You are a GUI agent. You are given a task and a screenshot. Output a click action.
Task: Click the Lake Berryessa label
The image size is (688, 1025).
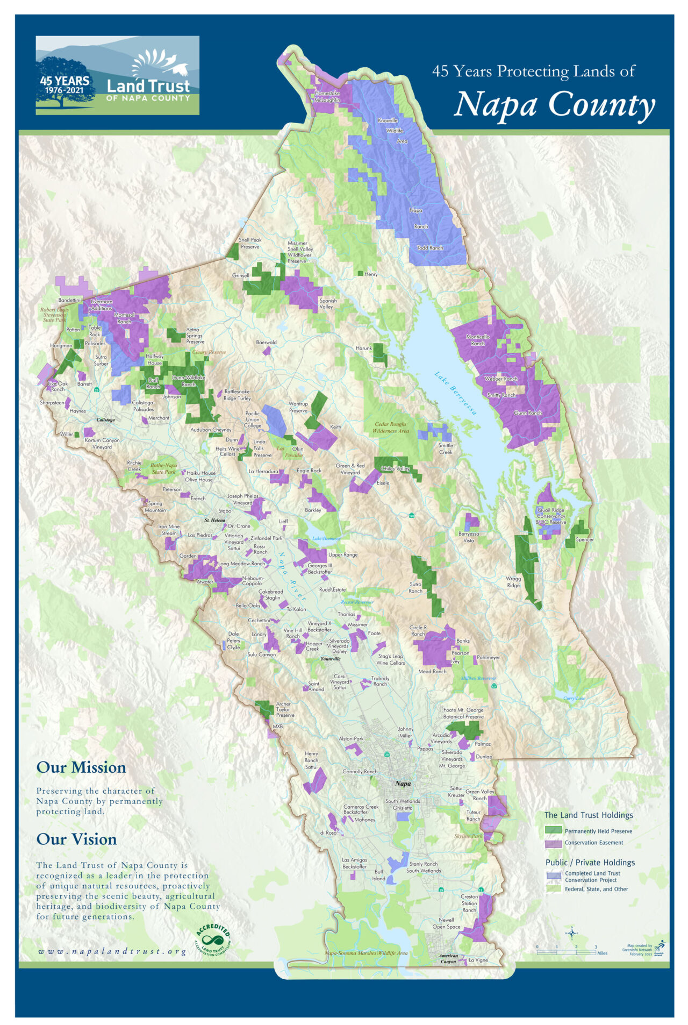point(456,393)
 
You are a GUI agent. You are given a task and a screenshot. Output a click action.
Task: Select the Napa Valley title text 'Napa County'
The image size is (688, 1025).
point(554,104)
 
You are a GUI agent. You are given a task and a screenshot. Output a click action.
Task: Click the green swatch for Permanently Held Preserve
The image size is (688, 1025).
point(553,831)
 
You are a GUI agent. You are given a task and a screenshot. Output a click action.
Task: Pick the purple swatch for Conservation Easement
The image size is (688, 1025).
point(553,843)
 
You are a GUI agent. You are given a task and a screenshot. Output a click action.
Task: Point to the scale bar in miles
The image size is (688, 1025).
point(567,952)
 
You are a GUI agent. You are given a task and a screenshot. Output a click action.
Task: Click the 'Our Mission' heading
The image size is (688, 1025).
point(81,767)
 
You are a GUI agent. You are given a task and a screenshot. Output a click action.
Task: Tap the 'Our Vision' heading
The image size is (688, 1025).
point(76,839)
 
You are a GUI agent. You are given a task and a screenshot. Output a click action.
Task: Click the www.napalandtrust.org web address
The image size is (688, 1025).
point(112,952)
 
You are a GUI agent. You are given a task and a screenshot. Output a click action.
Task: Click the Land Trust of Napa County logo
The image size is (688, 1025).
point(117,75)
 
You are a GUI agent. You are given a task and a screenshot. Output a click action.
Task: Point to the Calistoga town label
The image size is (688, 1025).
point(105,420)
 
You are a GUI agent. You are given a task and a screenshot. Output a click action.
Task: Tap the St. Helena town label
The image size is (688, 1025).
point(214,521)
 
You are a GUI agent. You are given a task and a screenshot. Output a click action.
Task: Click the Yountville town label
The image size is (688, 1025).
point(330,659)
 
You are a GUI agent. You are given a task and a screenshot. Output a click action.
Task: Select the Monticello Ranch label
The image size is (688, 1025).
point(478,340)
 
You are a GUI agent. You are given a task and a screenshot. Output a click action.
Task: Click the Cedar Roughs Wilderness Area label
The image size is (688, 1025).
point(391,428)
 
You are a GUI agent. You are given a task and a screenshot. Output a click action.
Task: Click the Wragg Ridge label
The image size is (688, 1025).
point(513,582)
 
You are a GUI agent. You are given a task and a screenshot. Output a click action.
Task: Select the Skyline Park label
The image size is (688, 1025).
point(468,836)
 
